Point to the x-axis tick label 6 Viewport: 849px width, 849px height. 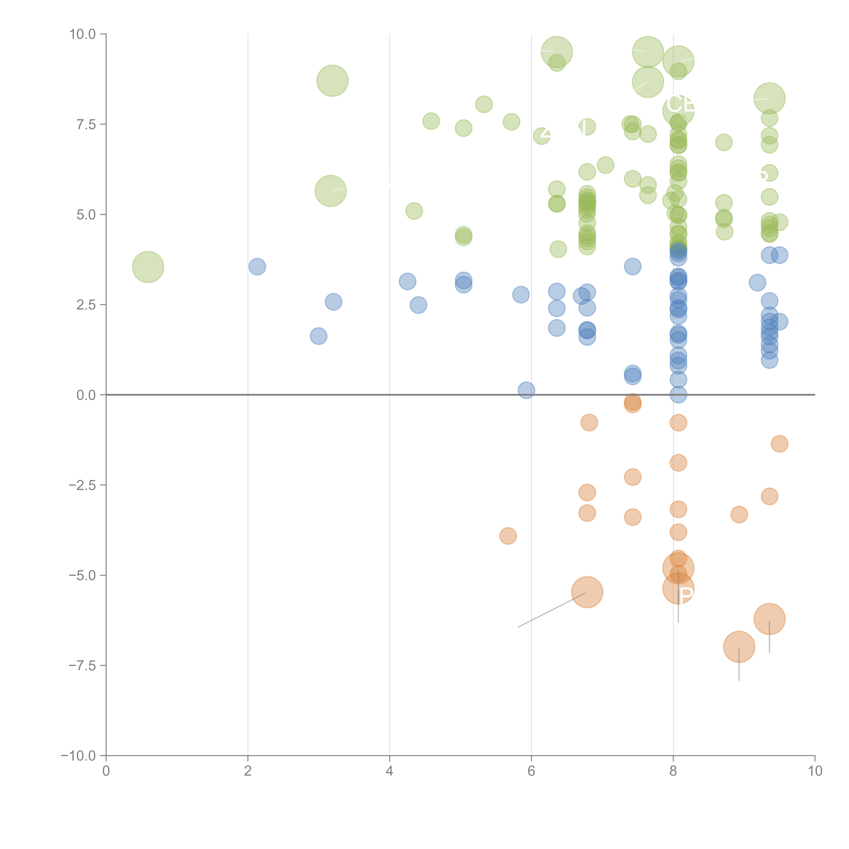coord(531,771)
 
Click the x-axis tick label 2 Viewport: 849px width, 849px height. coord(248,771)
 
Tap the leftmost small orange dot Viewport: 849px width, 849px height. coord(508,536)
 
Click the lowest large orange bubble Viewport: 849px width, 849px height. coord(739,647)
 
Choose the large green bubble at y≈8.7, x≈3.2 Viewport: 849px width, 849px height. coord(333,81)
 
